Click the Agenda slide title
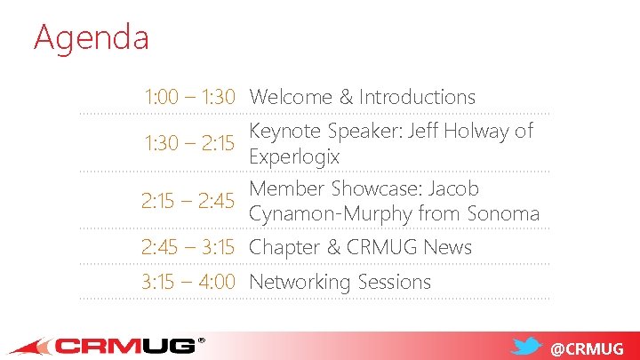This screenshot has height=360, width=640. [91, 37]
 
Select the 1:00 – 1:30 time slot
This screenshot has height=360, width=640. [189, 97]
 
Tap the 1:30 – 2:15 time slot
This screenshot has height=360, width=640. [189, 144]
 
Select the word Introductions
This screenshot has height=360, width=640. [417, 97]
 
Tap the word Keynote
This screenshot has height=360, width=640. [285, 132]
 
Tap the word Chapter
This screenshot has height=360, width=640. [284, 247]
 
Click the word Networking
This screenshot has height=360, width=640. [300, 283]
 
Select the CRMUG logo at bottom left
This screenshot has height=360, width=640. [107, 345]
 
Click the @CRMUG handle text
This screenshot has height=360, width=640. [588, 348]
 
